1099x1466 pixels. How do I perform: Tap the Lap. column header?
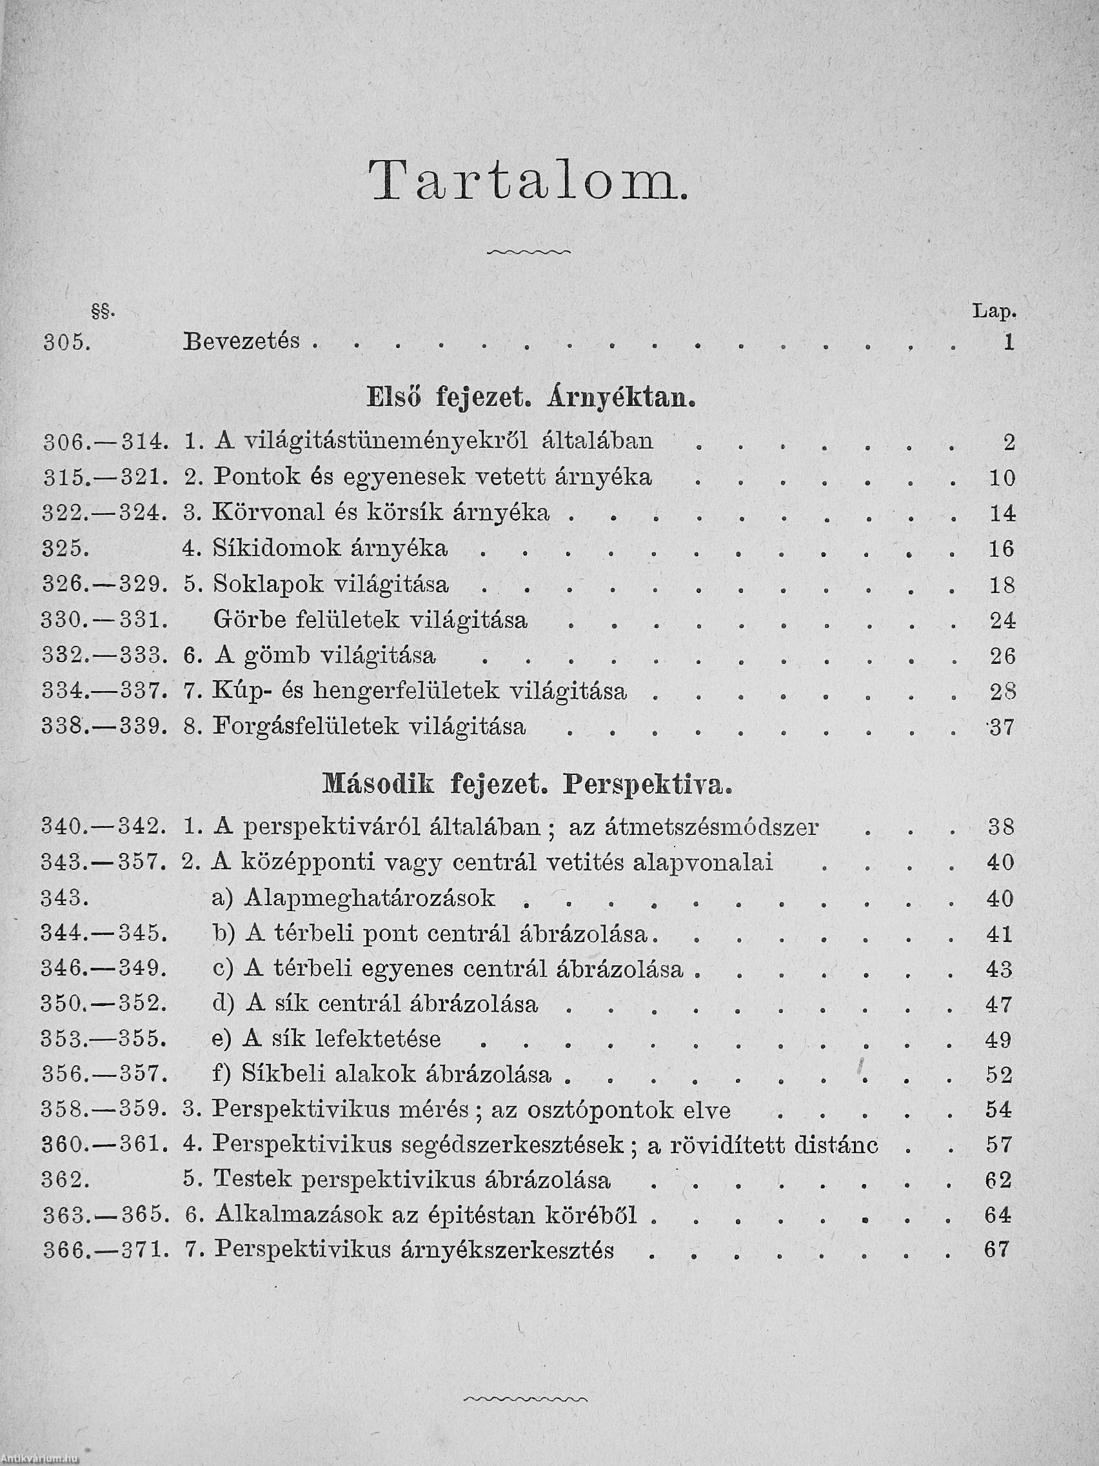tap(994, 311)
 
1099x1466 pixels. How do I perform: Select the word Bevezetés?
tap(242, 342)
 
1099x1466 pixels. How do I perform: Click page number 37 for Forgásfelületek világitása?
tap(1002, 728)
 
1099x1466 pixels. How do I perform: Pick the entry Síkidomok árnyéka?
tap(331, 548)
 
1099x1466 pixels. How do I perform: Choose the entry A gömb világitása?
tap(324, 656)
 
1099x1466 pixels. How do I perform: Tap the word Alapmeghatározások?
tap(370, 898)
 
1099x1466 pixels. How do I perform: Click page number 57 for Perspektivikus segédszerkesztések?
tap(999, 1145)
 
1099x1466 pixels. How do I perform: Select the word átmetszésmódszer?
tap(713, 827)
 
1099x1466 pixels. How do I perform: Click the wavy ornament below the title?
tap(528, 252)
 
